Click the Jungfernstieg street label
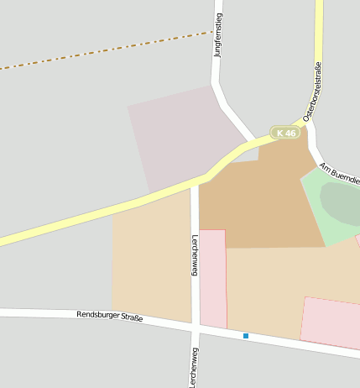pyautogui.click(x=218, y=34)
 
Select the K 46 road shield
pyautogui.click(x=285, y=133)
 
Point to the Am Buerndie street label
pyautogui.click(x=340, y=174)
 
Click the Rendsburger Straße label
pyautogui.click(x=109, y=317)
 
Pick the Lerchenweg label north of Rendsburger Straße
pyautogui.click(x=195, y=254)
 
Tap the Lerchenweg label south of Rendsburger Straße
pyautogui.click(x=195, y=367)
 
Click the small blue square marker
pyautogui.click(x=246, y=336)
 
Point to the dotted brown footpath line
pyautogui.click(x=101, y=52)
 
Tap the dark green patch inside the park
pyautogui.click(x=340, y=202)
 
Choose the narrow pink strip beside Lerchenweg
pyautogui.click(x=213, y=277)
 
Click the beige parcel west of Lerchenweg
pyautogui.click(x=151, y=260)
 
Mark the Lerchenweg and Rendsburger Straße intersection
pyautogui.click(x=195, y=322)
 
